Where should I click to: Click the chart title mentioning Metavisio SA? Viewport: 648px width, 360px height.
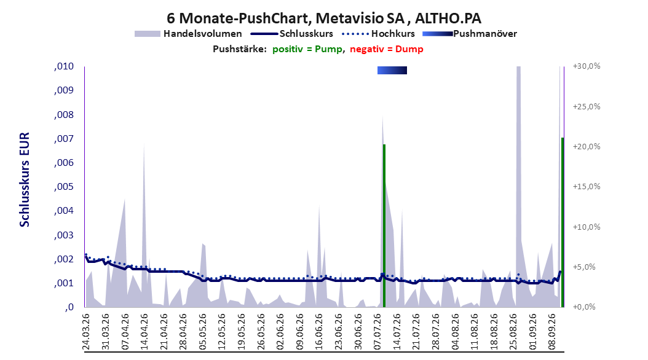pyautogui.click(x=324, y=18)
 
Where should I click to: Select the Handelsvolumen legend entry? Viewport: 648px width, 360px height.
pyautogui.click(x=189, y=34)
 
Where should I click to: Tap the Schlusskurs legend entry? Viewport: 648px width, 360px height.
pyautogui.click(x=292, y=34)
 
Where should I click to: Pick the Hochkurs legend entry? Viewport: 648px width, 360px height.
pyautogui.click(x=379, y=34)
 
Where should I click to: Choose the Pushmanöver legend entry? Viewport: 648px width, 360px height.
pyautogui.click(x=470, y=34)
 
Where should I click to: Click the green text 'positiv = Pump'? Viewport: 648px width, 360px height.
pyautogui.click(x=307, y=49)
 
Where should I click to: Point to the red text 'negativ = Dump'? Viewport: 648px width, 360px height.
pyautogui.click(x=387, y=49)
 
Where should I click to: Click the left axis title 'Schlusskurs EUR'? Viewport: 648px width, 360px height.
pyautogui.click(x=25, y=179)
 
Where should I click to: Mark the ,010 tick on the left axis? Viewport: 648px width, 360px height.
pyautogui.click(x=64, y=66)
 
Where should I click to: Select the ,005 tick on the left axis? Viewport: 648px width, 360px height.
pyautogui.click(x=64, y=187)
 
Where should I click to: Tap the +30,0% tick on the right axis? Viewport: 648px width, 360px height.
pyautogui.click(x=587, y=66)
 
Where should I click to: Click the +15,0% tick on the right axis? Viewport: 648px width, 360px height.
pyautogui.click(x=587, y=187)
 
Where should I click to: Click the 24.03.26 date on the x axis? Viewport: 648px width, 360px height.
pyautogui.click(x=86, y=332)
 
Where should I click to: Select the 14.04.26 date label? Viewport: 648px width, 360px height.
pyautogui.click(x=144, y=332)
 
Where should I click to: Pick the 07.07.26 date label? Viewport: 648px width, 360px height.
pyautogui.click(x=377, y=332)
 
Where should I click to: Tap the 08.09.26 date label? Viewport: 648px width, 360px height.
pyautogui.click(x=552, y=332)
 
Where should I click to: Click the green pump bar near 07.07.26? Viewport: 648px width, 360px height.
pyautogui.click(x=384, y=226)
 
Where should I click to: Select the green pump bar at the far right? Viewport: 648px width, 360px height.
pyautogui.click(x=563, y=222)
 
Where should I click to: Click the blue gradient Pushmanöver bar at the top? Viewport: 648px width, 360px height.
pyautogui.click(x=392, y=71)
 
